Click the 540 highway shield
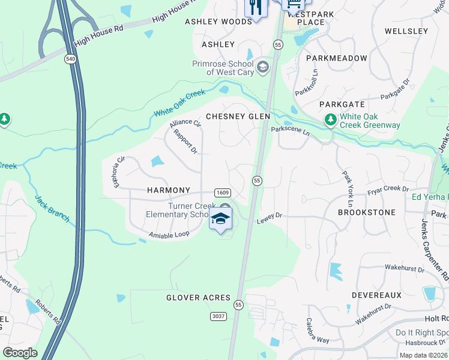pos(70,58)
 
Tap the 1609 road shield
pos(222,192)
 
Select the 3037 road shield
pos(218,316)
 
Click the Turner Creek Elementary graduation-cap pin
pos(220,219)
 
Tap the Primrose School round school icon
pos(262,67)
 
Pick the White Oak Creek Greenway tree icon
pos(330,120)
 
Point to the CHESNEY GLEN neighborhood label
pos(238,116)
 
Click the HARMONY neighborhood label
pos(169,190)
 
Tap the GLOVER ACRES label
pos(199,298)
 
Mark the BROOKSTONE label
pos(367,212)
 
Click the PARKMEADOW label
pos(336,58)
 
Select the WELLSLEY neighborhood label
pos(406,31)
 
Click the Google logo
pos(20,353)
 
